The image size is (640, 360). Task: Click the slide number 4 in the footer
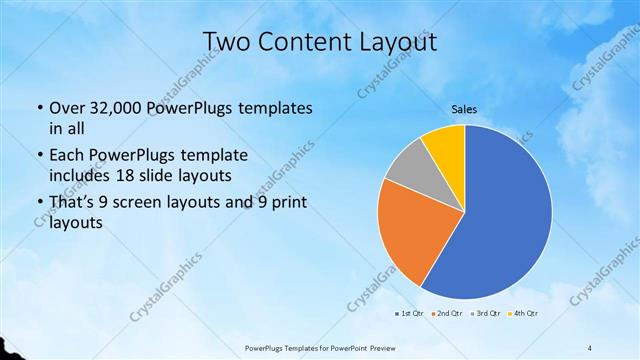[x=590, y=347]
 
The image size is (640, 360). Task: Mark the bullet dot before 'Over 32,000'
[x=38, y=108]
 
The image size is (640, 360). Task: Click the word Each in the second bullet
[x=66, y=156]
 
